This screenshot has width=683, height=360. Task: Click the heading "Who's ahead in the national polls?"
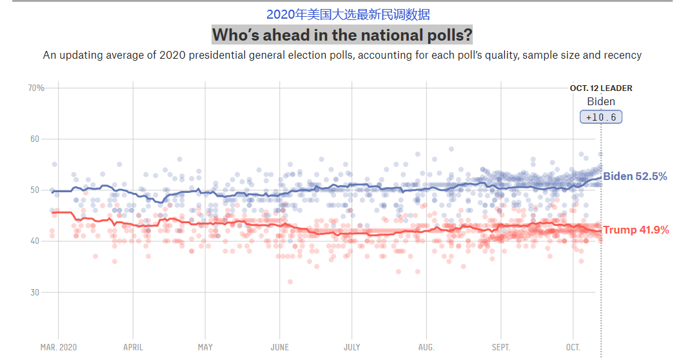[342, 35]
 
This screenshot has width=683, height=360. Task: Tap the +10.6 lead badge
[601, 117]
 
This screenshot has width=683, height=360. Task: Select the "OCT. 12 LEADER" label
[601, 88]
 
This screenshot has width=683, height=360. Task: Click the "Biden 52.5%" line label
[635, 176]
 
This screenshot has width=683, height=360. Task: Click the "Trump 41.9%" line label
[635, 230]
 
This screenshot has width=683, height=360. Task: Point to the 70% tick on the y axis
[36, 88]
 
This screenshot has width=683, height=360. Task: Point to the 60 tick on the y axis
[35, 139]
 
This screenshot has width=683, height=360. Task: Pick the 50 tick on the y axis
[35, 190]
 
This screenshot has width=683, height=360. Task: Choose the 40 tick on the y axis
[35, 241]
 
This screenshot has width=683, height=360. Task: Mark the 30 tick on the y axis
[35, 292]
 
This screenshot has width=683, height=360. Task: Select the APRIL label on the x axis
[133, 347]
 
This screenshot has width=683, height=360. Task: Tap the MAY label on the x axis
[205, 347]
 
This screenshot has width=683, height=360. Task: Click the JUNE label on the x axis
[279, 347]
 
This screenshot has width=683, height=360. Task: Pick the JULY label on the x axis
[351, 347]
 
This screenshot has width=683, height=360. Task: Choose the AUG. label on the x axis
[426, 347]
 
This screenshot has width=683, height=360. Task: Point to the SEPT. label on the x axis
[500, 347]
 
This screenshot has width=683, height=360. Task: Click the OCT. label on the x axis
[573, 347]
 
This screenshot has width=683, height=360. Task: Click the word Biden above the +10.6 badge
[601, 101]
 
